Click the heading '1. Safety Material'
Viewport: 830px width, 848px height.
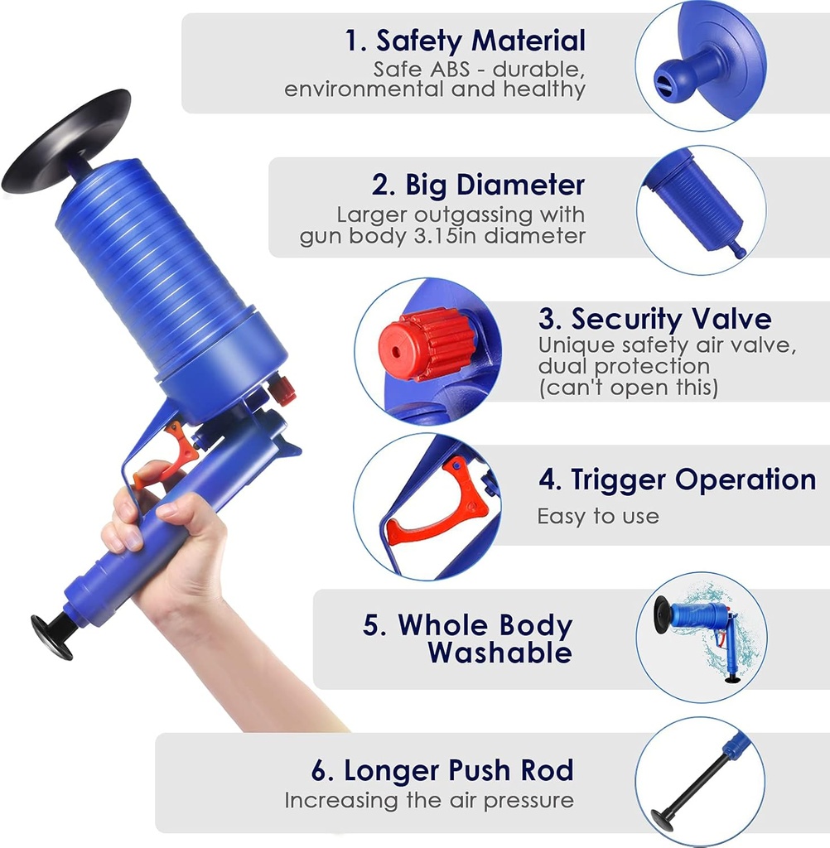pyautogui.click(x=466, y=40)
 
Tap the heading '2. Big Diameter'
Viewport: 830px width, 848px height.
pyautogui.click(x=478, y=184)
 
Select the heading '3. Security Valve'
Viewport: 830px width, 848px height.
pyautogui.click(x=654, y=319)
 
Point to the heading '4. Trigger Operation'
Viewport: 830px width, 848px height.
pyautogui.click(x=676, y=479)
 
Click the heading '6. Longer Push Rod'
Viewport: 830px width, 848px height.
pyautogui.click(x=442, y=770)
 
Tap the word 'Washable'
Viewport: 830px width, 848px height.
pyautogui.click(x=499, y=653)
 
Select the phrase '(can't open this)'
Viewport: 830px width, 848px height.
pyautogui.click(x=628, y=387)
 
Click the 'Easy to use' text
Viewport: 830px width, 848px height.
pyautogui.click(x=597, y=517)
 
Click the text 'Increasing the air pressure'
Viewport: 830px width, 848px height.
pyautogui.click(x=428, y=801)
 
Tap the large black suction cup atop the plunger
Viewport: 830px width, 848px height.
pyautogui.click(x=66, y=141)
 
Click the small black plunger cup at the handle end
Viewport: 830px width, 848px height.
pyautogui.click(x=51, y=635)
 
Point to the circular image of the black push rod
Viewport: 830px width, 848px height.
pyautogui.click(x=700, y=780)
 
